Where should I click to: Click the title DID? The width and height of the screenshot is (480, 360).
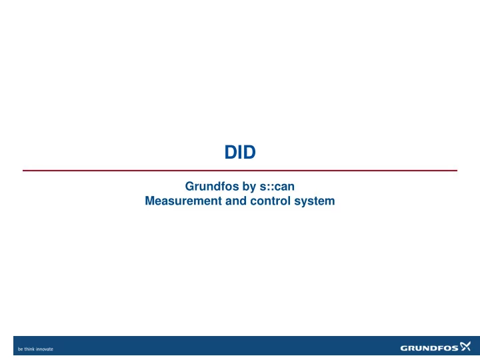(x=240, y=152)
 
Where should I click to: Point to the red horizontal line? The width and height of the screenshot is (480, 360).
(x=240, y=171)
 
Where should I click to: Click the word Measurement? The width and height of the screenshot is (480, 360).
(x=183, y=201)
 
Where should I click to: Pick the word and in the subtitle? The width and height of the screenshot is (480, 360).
(x=236, y=201)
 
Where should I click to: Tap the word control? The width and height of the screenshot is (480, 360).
(x=270, y=201)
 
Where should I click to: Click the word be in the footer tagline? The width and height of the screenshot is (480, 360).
(x=20, y=349)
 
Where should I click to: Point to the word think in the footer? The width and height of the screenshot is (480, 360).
(x=29, y=349)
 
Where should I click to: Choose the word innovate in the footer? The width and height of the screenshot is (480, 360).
(x=45, y=349)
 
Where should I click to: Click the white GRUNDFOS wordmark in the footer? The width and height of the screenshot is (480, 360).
(x=429, y=348)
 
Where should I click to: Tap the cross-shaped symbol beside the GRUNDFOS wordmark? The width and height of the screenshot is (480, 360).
(x=465, y=346)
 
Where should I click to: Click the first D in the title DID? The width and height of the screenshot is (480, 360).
(x=231, y=152)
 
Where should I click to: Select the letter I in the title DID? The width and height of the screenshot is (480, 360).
(x=240, y=152)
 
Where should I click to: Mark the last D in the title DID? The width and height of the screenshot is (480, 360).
(x=249, y=152)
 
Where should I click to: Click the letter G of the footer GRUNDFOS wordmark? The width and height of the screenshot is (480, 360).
(x=404, y=348)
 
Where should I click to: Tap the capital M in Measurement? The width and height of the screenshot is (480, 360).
(x=149, y=201)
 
